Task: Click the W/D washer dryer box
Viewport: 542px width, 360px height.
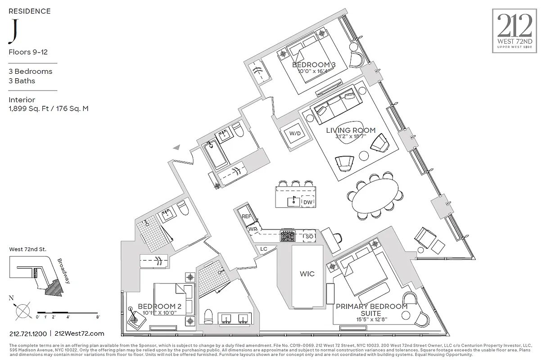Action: (295, 134)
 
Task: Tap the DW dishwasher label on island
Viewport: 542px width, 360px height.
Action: (308, 202)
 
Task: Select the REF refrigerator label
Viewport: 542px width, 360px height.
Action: (246, 216)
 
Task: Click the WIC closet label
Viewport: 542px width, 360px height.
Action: (307, 274)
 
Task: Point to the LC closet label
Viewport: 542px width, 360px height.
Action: (264, 249)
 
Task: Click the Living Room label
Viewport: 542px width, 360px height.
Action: (351, 130)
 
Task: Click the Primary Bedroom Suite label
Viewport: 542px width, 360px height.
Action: (371, 310)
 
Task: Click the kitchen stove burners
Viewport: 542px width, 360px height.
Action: (287, 236)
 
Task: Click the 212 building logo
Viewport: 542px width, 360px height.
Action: (514, 31)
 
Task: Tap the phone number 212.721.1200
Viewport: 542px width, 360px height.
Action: (28, 333)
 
